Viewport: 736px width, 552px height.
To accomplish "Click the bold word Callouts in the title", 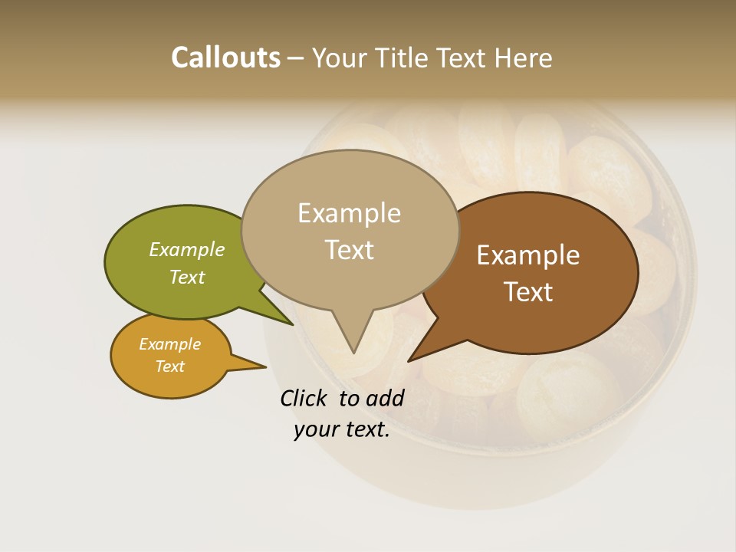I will [x=225, y=58].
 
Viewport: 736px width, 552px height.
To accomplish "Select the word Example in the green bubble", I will [x=187, y=249].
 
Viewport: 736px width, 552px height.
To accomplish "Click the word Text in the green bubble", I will [x=187, y=277].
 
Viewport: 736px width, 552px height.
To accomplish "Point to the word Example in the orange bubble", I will [x=169, y=344].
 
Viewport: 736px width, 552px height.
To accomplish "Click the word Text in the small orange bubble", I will [x=169, y=366].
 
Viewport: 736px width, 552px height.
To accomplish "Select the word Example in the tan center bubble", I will [x=349, y=213].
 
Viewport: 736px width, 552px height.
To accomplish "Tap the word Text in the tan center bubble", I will [x=349, y=250].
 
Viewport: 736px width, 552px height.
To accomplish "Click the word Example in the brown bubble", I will [x=528, y=255].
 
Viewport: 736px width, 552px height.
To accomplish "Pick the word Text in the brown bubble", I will [x=528, y=292].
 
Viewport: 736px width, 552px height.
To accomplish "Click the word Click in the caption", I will [x=304, y=398].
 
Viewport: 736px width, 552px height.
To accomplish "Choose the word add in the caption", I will [x=384, y=398].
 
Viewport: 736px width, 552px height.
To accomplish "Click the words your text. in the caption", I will [x=341, y=430].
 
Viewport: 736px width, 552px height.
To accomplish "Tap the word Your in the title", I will [x=338, y=58].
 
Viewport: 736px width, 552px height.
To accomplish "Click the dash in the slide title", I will [x=296, y=58].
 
